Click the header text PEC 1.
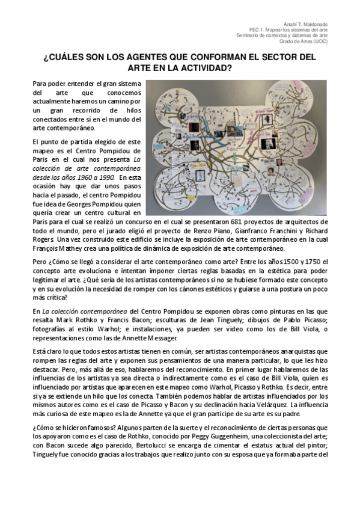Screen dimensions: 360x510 coord(257,29)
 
